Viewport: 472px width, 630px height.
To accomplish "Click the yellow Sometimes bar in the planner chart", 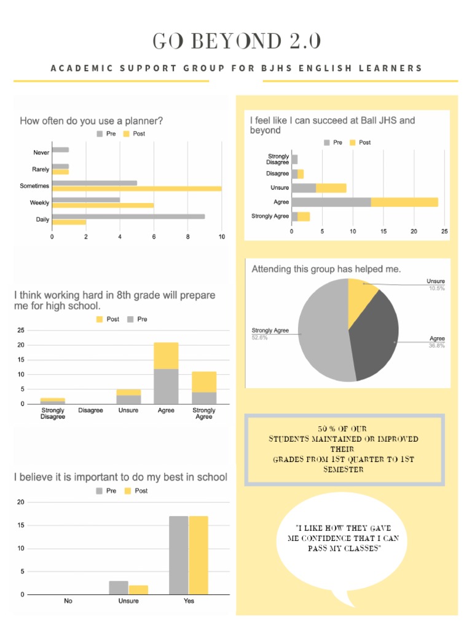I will [136, 188].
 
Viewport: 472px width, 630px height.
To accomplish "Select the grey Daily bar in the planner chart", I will [128, 216].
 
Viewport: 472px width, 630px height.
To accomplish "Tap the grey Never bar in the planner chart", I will [60, 150].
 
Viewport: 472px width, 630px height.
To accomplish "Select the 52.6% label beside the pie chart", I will [259, 337].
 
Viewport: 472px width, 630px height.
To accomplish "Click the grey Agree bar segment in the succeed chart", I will [331, 202].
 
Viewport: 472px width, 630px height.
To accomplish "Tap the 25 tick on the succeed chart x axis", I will [444, 231].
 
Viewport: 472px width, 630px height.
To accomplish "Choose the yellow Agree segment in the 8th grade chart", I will [166, 356].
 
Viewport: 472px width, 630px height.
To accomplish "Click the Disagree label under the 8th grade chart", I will [90, 410].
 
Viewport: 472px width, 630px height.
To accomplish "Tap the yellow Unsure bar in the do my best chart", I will [138, 589].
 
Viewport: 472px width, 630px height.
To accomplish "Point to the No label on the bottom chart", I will [68, 601].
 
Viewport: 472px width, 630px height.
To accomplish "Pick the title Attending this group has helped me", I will [326, 269].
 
